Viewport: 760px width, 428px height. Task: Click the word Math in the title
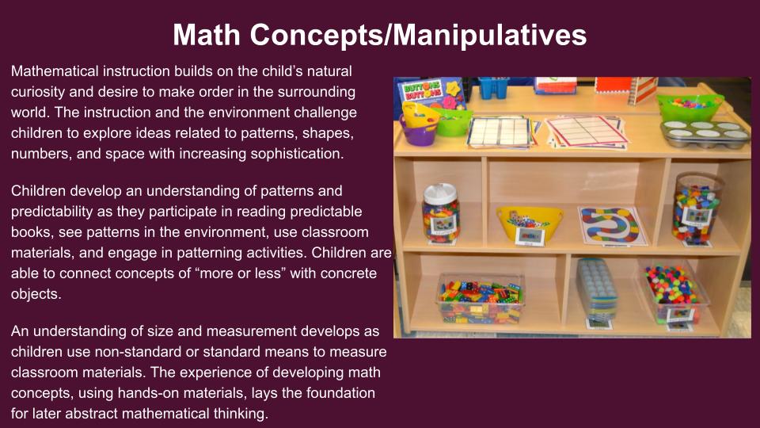pyautogui.click(x=207, y=35)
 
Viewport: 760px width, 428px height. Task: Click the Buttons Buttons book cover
pyautogui.click(x=431, y=94)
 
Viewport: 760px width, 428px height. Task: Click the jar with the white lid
pyautogui.click(x=440, y=213)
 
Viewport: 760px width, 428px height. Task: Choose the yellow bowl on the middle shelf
pyautogui.click(x=530, y=224)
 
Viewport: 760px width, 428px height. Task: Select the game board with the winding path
pyautogui.click(x=613, y=226)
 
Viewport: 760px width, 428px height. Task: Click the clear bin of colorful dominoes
pyautogui.click(x=481, y=299)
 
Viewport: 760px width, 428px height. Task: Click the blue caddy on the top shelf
pyautogui.click(x=493, y=88)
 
